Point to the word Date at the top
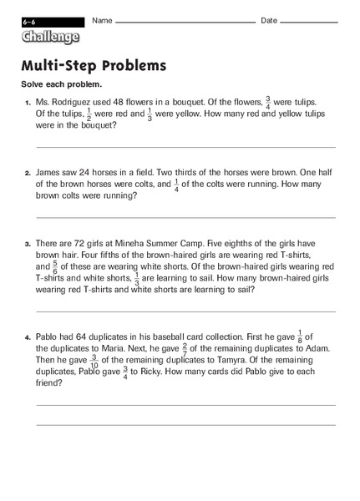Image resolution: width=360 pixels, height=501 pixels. (269, 20)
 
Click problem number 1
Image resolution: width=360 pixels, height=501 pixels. (28, 104)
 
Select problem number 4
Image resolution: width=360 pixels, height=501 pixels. (28, 337)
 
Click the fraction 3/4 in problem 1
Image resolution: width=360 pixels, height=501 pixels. (289, 102)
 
